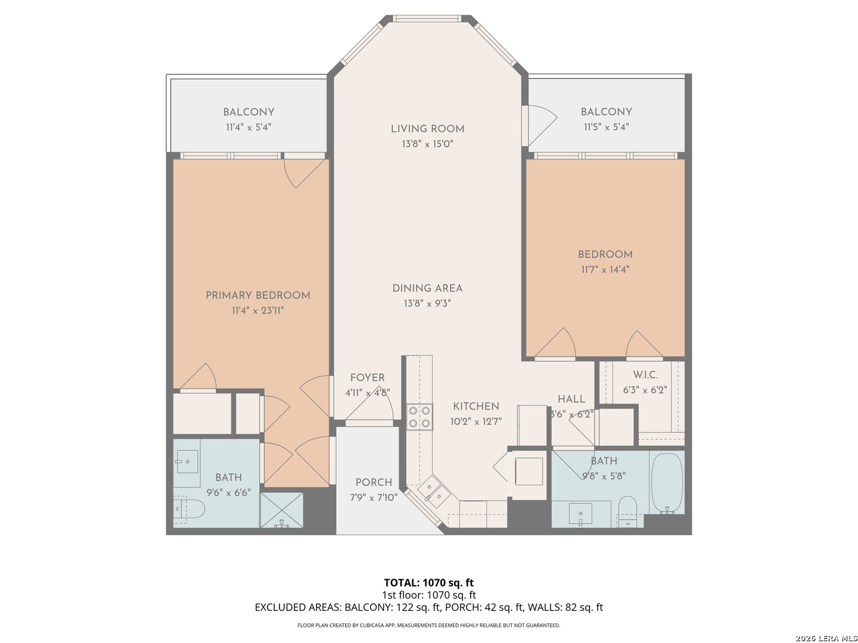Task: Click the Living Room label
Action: tap(427, 129)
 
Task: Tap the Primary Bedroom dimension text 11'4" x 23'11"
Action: tap(257, 310)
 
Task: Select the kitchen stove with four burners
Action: tap(419, 417)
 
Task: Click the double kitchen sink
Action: tap(434, 492)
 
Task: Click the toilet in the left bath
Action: tap(189, 508)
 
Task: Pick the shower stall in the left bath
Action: tap(281, 510)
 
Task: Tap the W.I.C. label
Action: tap(645, 375)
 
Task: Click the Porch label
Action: tap(374, 482)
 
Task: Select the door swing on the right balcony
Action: tap(542, 125)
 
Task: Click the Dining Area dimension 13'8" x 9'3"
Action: tap(427, 304)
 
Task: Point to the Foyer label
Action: tap(367, 377)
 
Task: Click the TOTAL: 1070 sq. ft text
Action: tap(429, 582)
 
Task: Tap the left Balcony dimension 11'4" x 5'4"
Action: tap(248, 127)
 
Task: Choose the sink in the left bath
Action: tap(187, 461)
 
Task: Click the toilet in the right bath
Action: tap(628, 511)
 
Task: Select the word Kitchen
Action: tap(475, 407)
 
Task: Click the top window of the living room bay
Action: tap(427, 18)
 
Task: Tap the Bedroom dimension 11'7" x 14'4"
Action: tap(605, 269)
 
